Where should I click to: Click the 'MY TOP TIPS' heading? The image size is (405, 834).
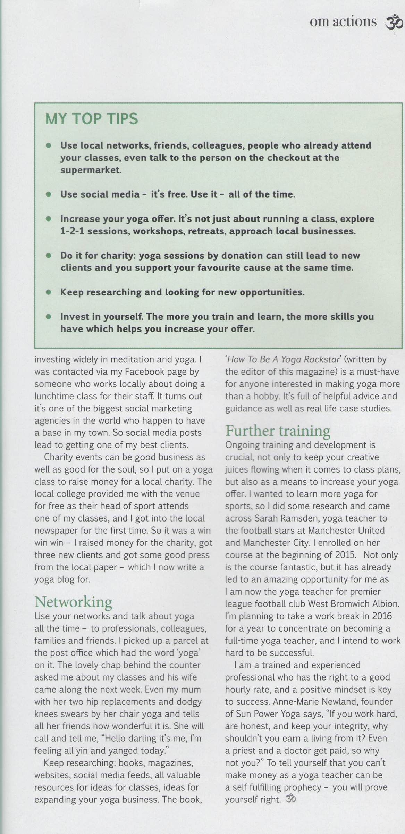point(92,119)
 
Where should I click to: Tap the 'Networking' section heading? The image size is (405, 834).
point(73,601)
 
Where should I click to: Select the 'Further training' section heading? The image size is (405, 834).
point(278,431)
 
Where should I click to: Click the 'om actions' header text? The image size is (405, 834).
point(343,22)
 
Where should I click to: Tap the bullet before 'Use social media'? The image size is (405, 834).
point(49,194)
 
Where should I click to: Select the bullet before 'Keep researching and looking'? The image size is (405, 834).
point(49,292)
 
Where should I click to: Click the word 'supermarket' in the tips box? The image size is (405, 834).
point(91,170)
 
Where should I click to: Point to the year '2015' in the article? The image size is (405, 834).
point(345,555)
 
